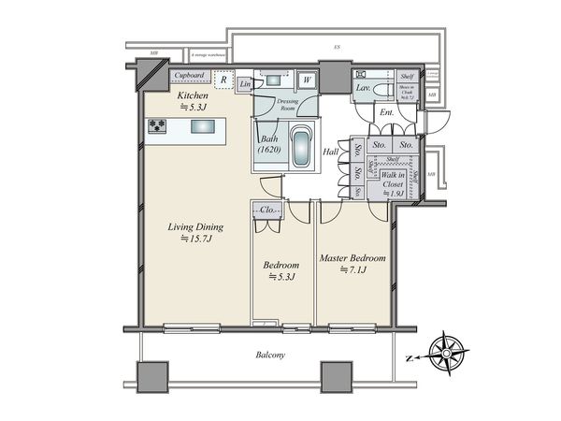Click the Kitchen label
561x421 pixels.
click(194, 96)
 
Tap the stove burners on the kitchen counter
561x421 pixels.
click(156, 126)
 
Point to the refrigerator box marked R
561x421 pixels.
click(223, 80)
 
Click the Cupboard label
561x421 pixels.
click(190, 76)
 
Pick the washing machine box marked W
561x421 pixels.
click(306, 80)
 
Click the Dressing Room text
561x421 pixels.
click(291, 105)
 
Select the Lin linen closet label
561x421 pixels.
click(245, 85)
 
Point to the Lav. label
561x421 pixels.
click(361, 88)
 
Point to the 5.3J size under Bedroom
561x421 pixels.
click(281, 277)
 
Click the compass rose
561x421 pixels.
click(441, 354)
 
